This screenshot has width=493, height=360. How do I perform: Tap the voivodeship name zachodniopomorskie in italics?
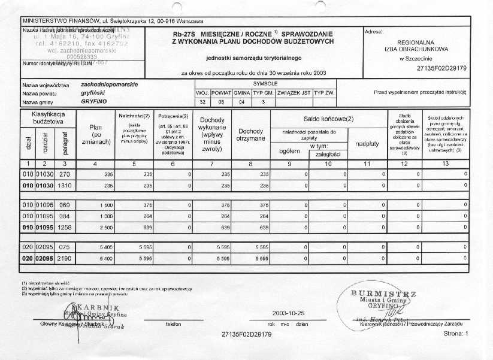[x=105, y=85]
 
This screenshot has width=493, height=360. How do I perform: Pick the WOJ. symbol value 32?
[x=202, y=102]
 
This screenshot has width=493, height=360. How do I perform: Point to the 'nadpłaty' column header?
[x=366, y=144]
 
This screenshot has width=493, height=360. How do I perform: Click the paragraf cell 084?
[x=65, y=216]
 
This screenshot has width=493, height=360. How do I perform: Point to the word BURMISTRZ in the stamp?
[x=384, y=293]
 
